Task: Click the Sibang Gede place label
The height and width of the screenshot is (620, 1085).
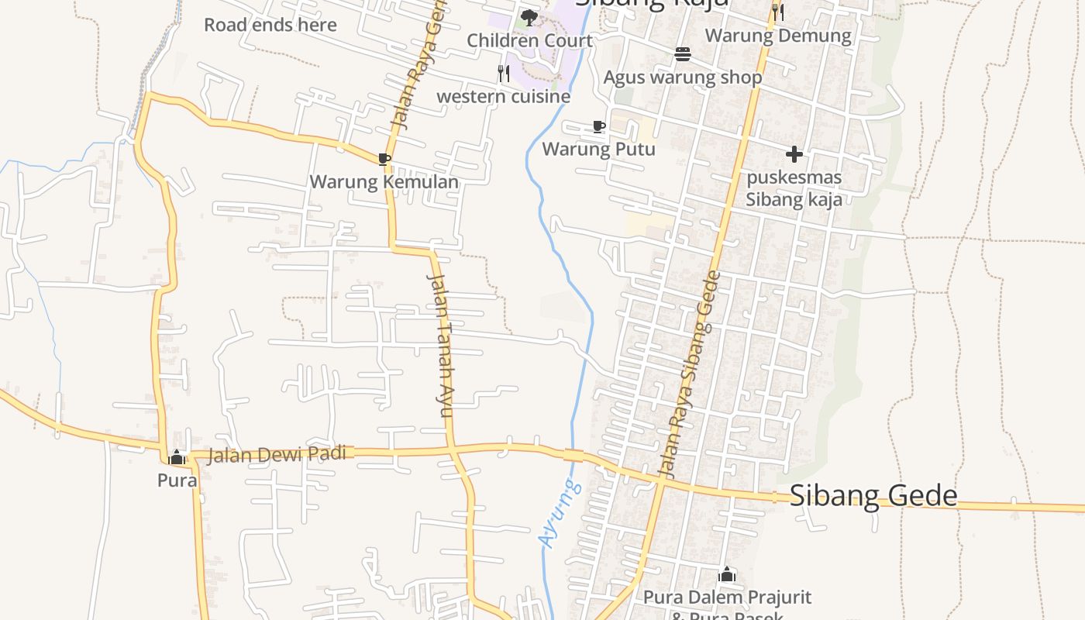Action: (873, 496)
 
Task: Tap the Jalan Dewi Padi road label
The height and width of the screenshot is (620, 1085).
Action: (277, 454)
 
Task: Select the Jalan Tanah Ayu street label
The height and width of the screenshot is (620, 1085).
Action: (439, 345)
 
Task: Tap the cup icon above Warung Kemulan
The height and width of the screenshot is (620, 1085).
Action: (384, 160)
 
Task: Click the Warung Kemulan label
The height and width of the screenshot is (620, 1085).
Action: (384, 182)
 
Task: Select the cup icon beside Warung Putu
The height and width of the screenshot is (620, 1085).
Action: (598, 126)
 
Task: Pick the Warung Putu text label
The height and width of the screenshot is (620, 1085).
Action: (598, 149)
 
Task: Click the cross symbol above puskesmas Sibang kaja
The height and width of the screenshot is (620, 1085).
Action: (794, 154)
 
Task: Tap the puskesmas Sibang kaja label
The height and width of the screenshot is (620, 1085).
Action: (794, 188)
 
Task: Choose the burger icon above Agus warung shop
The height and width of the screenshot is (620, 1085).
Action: (682, 54)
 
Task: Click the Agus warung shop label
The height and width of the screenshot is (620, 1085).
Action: (682, 77)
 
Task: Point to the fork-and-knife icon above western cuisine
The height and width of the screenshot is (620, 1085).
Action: (504, 74)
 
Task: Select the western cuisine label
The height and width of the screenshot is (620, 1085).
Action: (504, 97)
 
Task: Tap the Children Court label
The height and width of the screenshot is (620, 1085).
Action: (529, 40)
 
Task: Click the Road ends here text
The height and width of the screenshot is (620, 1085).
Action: (270, 25)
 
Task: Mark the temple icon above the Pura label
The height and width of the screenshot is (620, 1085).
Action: (177, 457)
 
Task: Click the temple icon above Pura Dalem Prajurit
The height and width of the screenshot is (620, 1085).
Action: (726, 574)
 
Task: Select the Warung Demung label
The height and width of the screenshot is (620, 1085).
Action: (777, 36)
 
